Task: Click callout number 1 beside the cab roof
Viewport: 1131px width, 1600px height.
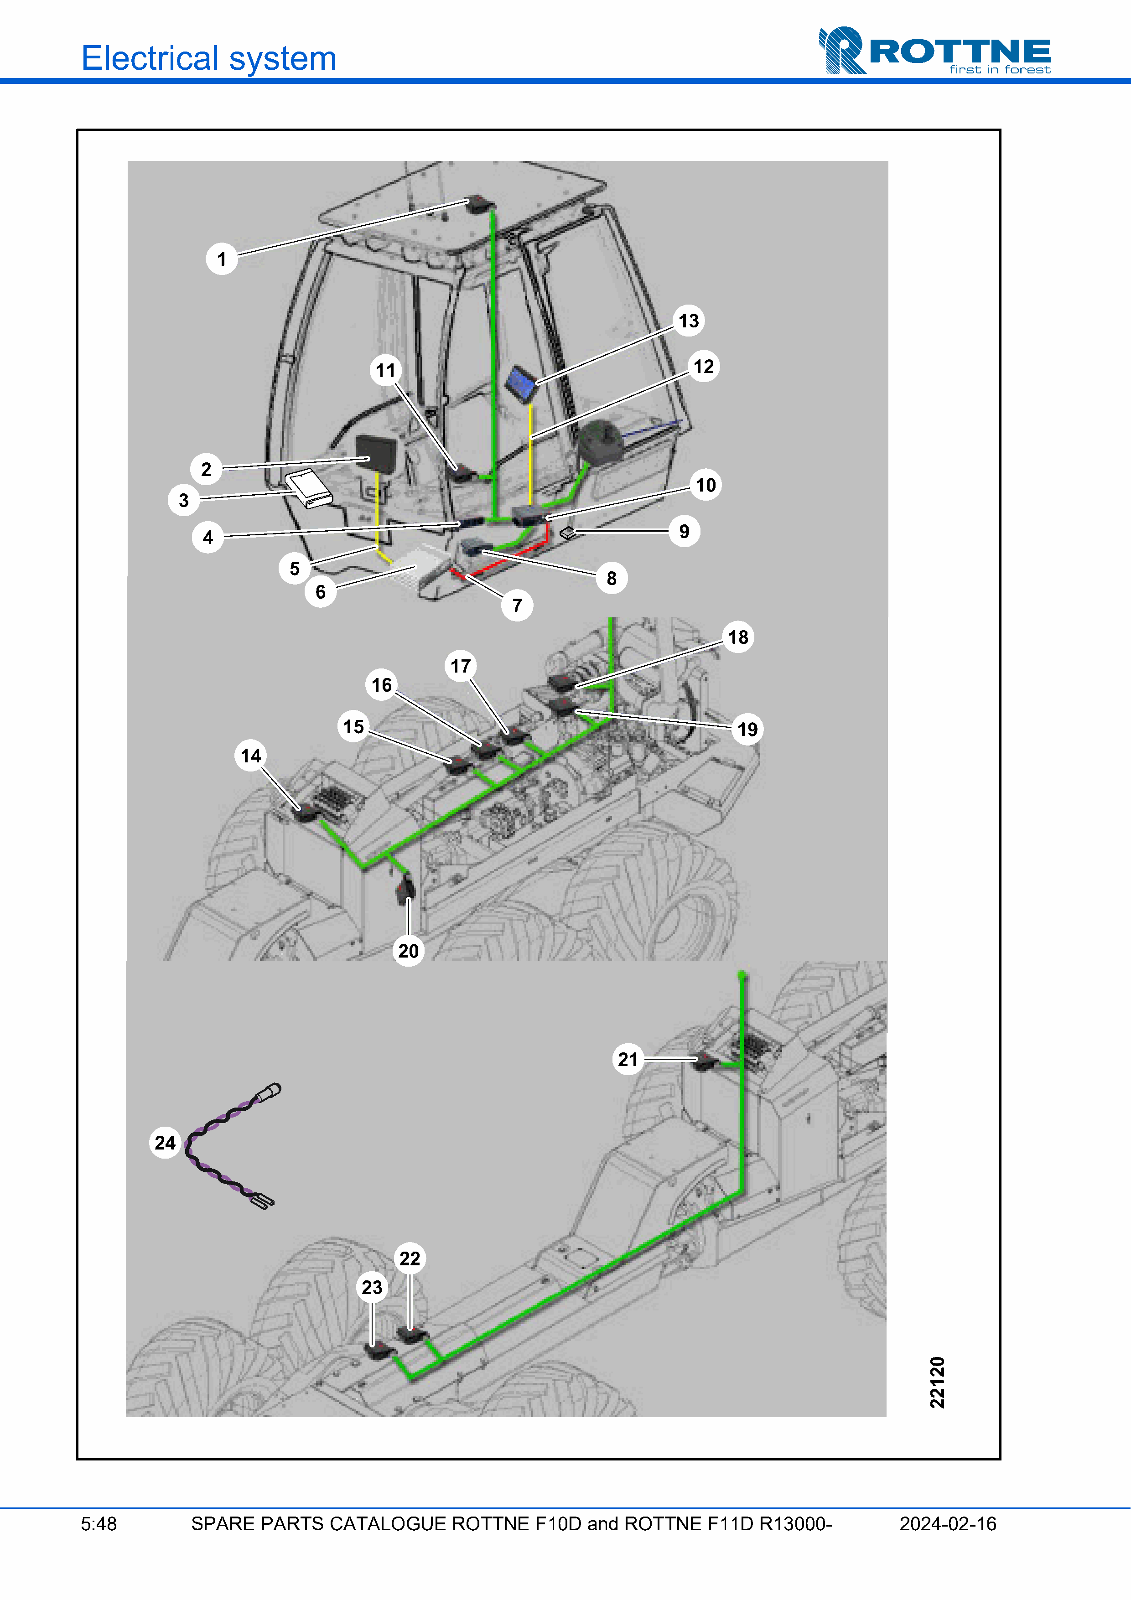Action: tap(222, 259)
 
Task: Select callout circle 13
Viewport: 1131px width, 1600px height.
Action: tap(689, 321)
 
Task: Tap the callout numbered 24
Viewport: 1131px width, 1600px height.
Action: tap(165, 1142)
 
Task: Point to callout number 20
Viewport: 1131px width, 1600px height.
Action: tap(408, 951)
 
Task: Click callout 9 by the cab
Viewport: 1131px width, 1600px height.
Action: tap(685, 531)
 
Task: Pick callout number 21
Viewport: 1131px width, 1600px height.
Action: tap(628, 1059)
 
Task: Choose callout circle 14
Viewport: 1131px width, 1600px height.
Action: tap(251, 756)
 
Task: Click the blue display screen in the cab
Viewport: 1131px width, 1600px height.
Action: tap(521, 383)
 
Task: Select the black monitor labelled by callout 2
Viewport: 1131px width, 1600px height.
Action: tap(376, 454)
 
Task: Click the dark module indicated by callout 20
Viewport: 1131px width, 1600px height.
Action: tap(405, 889)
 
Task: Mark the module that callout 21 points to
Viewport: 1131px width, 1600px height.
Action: tap(705, 1061)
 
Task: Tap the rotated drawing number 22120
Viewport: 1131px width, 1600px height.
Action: tap(937, 1382)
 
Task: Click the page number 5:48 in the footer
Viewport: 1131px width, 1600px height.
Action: tap(99, 1524)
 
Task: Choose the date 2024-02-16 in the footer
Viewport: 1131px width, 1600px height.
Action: tap(948, 1524)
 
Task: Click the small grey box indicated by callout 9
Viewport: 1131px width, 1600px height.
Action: tap(567, 533)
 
